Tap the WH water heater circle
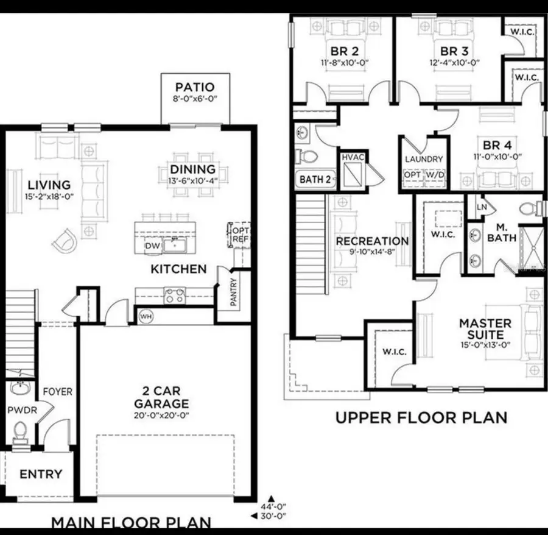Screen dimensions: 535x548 coord(146,316)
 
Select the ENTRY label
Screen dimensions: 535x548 coord(41,474)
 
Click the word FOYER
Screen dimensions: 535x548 coord(57,392)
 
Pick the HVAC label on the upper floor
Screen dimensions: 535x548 coord(351,157)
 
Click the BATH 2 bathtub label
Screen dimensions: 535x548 coord(314,180)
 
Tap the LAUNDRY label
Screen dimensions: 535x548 coord(424,160)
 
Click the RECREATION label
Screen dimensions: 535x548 coord(372,241)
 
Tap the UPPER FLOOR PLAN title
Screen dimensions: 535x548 coord(421,418)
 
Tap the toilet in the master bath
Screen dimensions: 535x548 coord(530,208)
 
